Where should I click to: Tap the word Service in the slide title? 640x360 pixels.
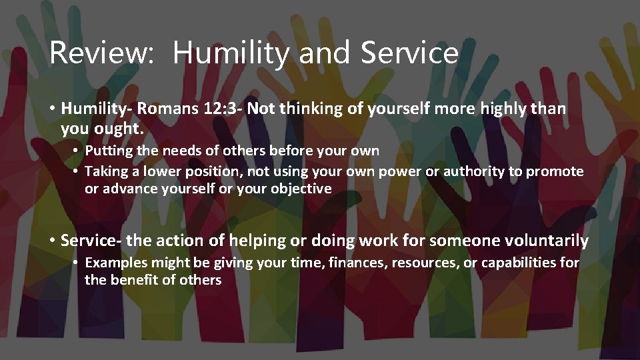[x=409, y=53]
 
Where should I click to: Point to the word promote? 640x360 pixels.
[x=555, y=172]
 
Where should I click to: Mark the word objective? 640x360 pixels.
[x=301, y=189]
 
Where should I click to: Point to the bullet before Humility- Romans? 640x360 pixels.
[x=51, y=109]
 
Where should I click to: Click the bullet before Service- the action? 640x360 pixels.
[x=51, y=240]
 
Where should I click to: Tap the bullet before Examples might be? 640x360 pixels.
[x=77, y=263]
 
